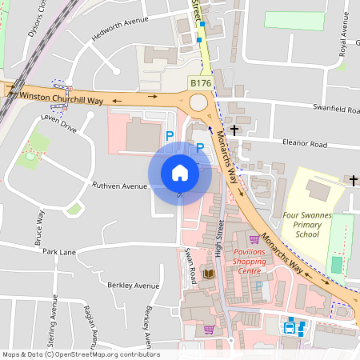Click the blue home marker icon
coord(180,173)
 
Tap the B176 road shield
coord(200,82)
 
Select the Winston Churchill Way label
coord(61,97)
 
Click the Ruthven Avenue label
coord(120,186)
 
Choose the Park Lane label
coord(59,252)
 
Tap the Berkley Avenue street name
coord(134,286)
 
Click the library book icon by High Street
coord(209,274)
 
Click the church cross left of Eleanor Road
coord(234,129)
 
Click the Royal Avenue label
coord(344,37)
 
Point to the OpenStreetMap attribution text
coord(81,354)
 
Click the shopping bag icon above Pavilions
coord(254,238)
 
